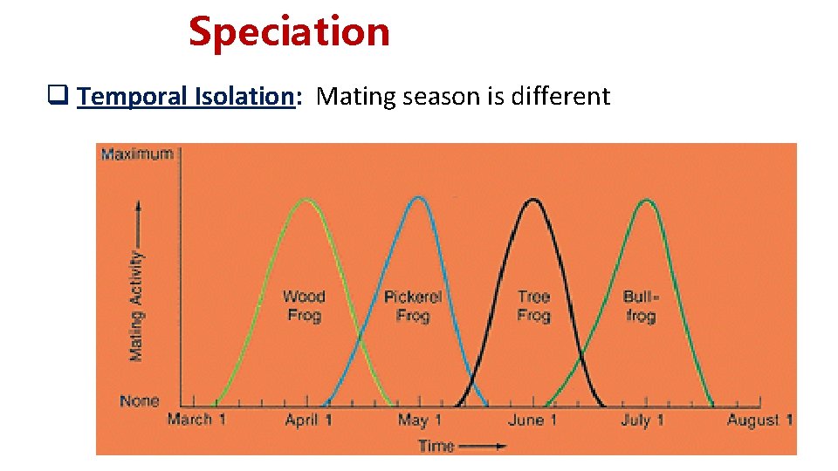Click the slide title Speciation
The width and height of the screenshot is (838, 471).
click(x=289, y=32)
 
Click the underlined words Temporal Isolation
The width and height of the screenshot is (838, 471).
click(x=187, y=96)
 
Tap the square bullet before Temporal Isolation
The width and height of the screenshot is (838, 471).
click(x=63, y=96)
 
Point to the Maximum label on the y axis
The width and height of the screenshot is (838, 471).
click(x=137, y=154)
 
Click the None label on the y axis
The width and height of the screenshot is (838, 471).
click(x=140, y=401)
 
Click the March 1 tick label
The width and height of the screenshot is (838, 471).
click(x=196, y=420)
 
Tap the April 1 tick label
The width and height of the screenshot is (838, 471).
click(x=308, y=420)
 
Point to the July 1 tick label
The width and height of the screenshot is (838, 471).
click(x=642, y=420)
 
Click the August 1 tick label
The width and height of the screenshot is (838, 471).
click(x=759, y=420)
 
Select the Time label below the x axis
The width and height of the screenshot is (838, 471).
click(x=436, y=446)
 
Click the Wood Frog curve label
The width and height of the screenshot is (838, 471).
click(x=304, y=306)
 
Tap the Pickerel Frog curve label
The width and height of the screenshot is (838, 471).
click(x=413, y=306)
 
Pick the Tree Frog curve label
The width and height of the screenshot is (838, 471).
click(x=533, y=306)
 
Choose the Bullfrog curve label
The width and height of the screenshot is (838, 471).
click(x=641, y=306)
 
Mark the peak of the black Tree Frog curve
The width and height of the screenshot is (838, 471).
click(x=532, y=200)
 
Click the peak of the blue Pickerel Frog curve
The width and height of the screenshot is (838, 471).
click(x=419, y=197)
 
